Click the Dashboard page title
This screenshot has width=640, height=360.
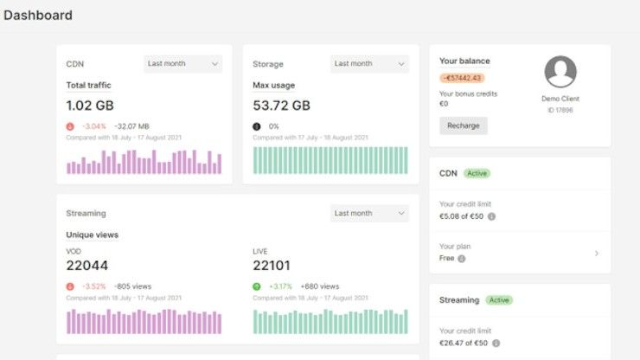tap(38, 16)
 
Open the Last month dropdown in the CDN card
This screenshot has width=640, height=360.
tap(182, 63)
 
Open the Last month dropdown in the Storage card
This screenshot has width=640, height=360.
tap(369, 63)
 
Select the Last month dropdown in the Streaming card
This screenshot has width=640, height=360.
tap(369, 213)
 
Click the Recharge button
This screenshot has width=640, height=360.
tap(463, 125)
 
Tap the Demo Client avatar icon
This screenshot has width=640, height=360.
tap(560, 72)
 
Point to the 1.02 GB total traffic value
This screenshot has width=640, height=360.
tap(89, 105)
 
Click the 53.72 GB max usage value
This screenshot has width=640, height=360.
tap(281, 105)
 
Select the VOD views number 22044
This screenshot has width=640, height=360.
tap(87, 266)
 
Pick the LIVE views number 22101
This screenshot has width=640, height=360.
tap(274, 266)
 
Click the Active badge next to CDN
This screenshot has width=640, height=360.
tap(477, 173)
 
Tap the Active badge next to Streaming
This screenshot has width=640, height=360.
tap(498, 300)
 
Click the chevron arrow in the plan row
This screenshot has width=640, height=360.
tap(597, 254)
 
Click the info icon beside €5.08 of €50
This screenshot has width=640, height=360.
tap(491, 216)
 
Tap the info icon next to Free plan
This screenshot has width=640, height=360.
tap(461, 259)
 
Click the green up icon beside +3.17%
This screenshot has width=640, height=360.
tap(257, 286)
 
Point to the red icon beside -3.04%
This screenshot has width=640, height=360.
tap(70, 125)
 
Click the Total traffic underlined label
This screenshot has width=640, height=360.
tap(88, 85)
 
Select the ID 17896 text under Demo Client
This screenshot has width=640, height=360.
tap(560, 110)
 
